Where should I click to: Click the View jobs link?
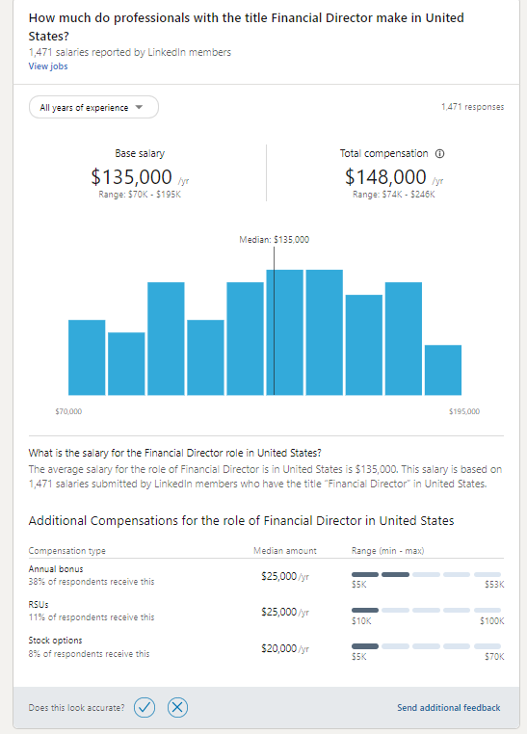(x=48, y=66)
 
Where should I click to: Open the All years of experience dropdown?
(x=93, y=108)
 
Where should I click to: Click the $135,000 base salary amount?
(x=132, y=177)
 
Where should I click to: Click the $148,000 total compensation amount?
(x=385, y=177)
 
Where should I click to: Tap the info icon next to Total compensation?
(x=440, y=154)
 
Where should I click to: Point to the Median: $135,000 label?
(x=274, y=239)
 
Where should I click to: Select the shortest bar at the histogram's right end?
(x=442, y=369)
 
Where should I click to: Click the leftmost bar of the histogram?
(x=87, y=356)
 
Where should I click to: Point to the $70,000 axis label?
(x=69, y=411)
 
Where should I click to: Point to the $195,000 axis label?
(x=463, y=411)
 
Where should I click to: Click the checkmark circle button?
(x=145, y=708)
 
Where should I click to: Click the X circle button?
(x=177, y=708)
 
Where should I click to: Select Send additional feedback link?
(x=448, y=708)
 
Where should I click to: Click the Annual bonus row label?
(x=55, y=569)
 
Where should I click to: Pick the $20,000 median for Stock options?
(x=280, y=648)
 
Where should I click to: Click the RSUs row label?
(x=40, y=605)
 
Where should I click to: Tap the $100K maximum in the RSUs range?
(x=491, y=622)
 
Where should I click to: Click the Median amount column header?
(x=285, y=551)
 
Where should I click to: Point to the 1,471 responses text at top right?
(x=471, y=107)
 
